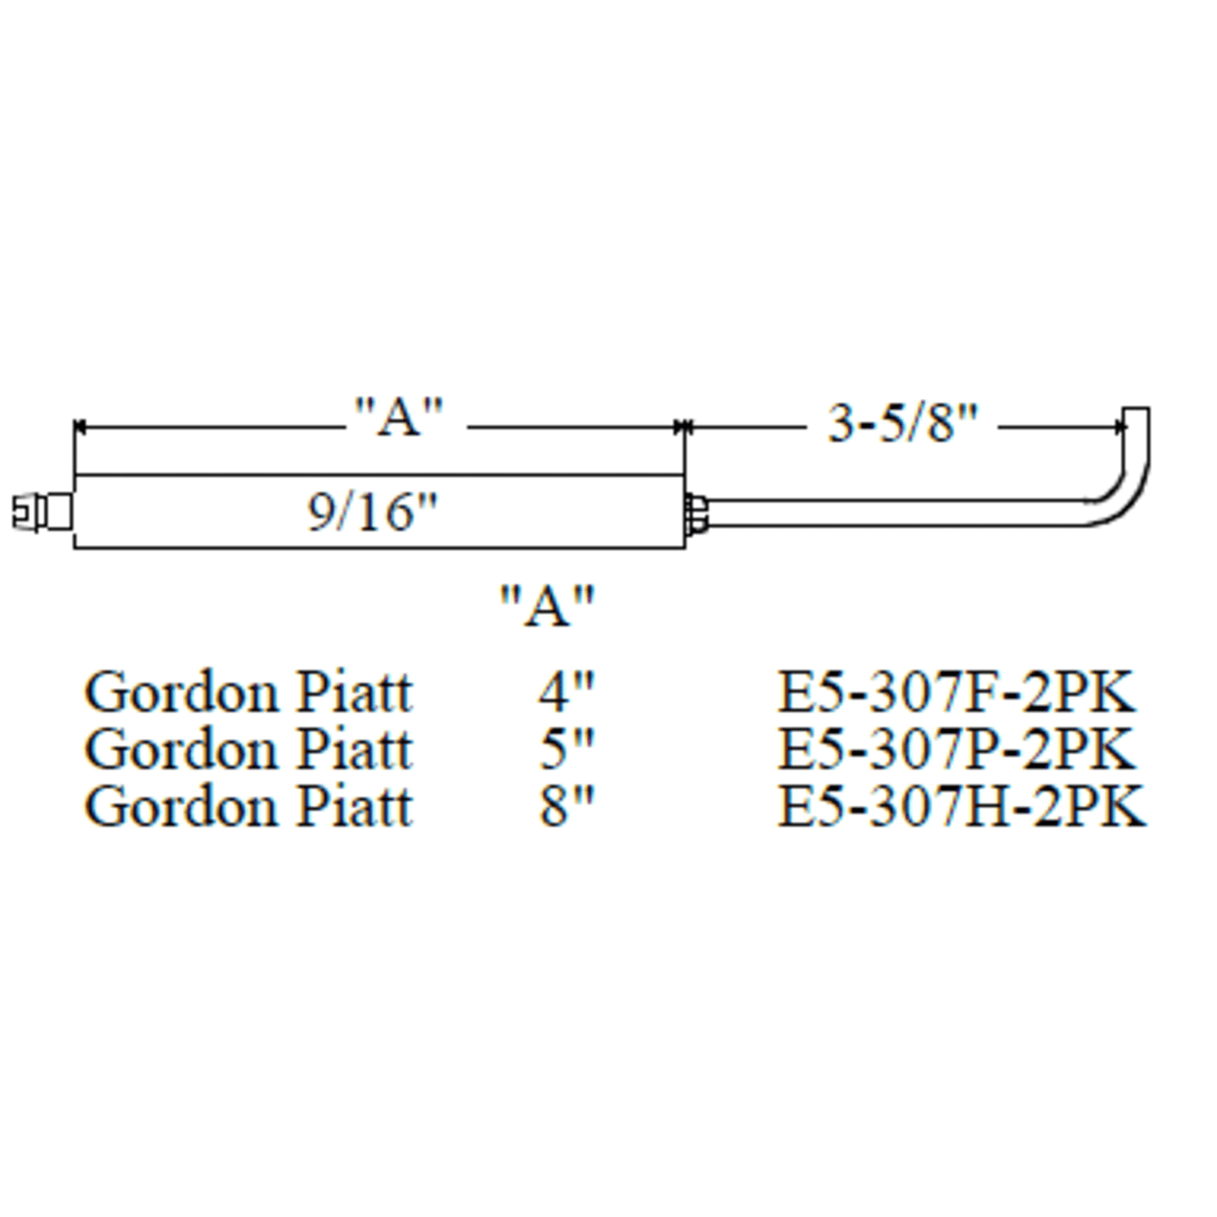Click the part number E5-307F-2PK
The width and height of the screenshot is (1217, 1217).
point(956,692)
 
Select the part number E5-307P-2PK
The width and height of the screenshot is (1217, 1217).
point(956,749)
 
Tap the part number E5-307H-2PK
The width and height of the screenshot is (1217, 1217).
point(961,806)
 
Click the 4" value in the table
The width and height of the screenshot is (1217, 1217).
point(566,692)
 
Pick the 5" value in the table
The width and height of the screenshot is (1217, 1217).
point(566,749)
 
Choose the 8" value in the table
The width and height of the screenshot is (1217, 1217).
point(566,806)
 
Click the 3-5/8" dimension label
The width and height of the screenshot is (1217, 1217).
point(903,423)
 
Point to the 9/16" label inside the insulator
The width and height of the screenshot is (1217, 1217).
point(372,512)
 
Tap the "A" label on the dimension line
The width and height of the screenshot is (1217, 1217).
point(398,416)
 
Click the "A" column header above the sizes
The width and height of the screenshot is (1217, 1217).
point(547,605)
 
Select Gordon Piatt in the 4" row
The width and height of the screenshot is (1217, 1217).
point(248,692)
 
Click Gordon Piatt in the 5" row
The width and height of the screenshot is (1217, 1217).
point(248,749)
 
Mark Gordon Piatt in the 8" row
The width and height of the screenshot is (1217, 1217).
point(248,806)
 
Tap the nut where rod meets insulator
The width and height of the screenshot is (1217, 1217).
point(697,513)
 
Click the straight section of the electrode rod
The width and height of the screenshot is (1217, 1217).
point(893,513)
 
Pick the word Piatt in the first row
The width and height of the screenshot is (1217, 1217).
point(355,692)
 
